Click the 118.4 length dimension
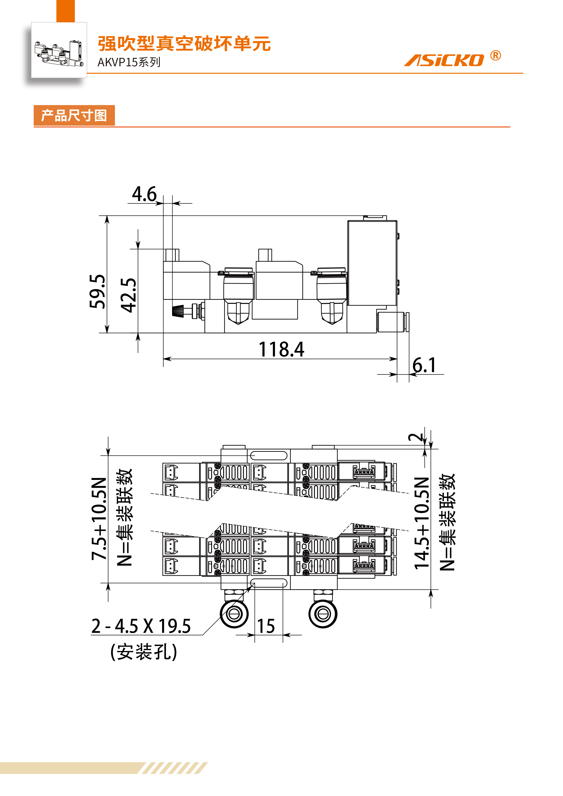[281, 349]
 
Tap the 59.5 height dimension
[97, 291]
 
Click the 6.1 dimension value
[424, 365]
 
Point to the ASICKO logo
[444, 60]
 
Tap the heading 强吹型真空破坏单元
[184, 44]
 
